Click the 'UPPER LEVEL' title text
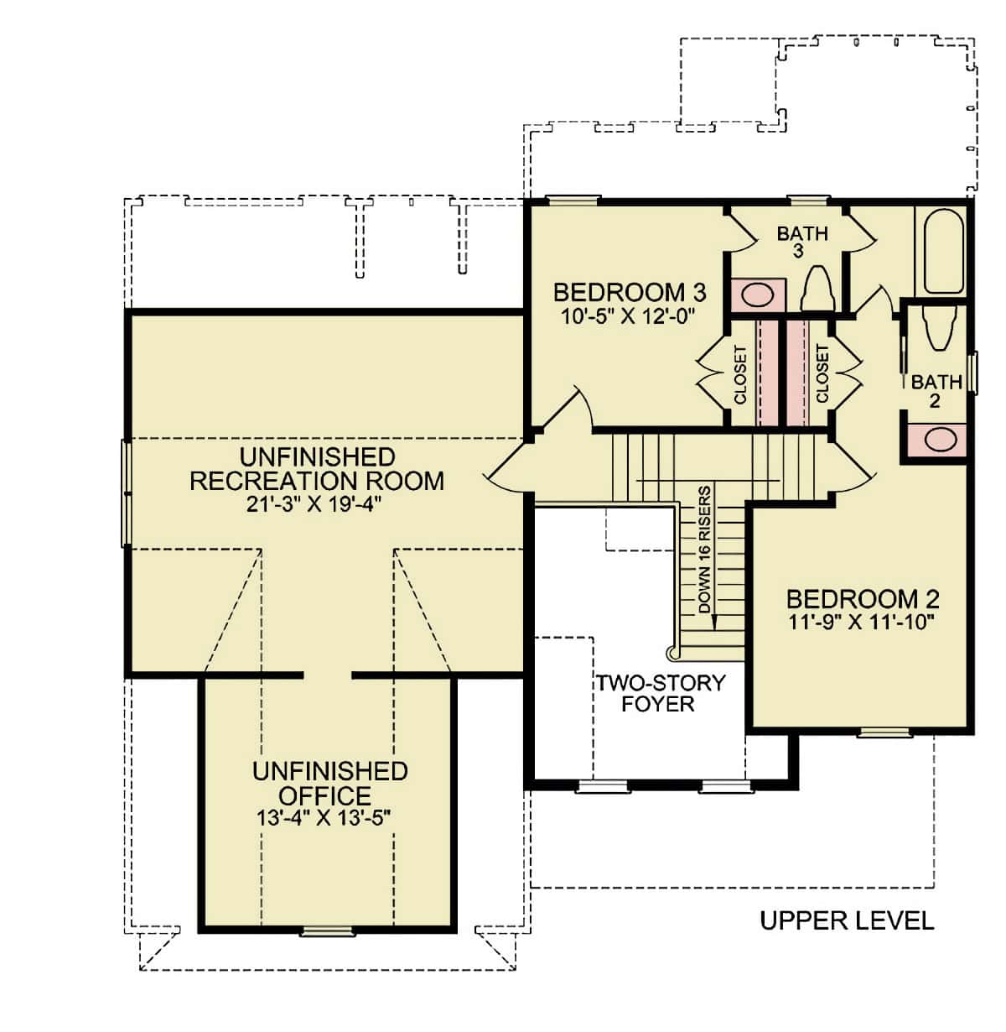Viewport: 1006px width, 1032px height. pos(846,920)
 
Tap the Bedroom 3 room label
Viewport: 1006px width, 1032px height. pos(629,293)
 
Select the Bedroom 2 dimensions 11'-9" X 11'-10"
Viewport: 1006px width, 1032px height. pos(862,622)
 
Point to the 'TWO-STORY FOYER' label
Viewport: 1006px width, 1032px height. pos(659,692)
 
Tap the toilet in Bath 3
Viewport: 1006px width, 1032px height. pos(817,289)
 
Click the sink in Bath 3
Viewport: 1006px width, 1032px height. pos(757,294)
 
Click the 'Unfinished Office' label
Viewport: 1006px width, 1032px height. pos(329,783)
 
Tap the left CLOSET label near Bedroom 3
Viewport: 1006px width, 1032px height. pos(740,374)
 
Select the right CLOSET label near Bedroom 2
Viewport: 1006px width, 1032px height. pos(822,374)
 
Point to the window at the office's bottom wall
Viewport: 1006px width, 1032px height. pos(327,930)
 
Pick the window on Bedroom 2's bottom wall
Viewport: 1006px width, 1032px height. pos(884,732)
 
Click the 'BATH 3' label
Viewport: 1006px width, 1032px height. pos(802,241)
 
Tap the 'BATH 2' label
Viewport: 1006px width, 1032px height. pos(936,391)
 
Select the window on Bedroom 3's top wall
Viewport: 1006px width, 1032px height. pos(573,200)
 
